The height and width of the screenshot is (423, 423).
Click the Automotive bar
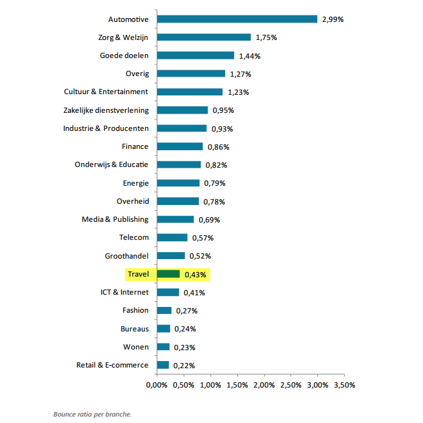coord(237,19)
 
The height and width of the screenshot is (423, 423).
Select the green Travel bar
coord(168,274)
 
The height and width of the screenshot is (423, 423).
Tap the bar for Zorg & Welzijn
coord(204,37)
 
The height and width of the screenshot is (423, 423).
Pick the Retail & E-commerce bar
coord(162,365)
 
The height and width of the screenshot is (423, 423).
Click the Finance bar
coord(180,146)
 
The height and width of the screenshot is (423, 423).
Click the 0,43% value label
coord(196,275)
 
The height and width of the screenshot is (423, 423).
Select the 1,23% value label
coord(239,92)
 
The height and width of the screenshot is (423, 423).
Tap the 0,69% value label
coord(210,220)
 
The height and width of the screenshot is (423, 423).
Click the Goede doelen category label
coord(124,55)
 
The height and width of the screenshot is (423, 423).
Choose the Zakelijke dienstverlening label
coord(106,110)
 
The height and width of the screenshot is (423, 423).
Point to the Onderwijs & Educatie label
coord(112,164)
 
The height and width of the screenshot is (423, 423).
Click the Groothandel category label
coord(126,256)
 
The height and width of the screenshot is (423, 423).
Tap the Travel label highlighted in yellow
coord(138,274)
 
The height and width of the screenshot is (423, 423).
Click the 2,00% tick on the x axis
coord(264,385)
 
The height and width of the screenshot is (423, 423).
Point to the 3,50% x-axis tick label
coord(344,385)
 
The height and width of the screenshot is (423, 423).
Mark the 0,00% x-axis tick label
coord(157,385)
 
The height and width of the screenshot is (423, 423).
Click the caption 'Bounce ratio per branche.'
coord(92,414)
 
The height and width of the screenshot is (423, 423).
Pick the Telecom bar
coord(172,237)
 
